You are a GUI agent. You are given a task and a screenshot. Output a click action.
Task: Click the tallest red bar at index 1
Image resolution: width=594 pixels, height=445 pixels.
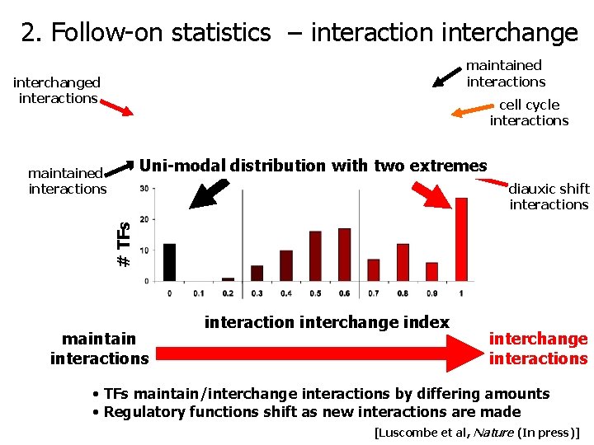point(461,239)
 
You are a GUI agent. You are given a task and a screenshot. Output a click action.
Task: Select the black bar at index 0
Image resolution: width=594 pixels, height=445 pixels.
point(170,262)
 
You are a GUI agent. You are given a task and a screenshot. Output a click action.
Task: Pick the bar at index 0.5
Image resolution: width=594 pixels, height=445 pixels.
point(315,255)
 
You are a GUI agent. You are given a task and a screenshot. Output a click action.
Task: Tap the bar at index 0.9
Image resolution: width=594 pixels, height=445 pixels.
point(431,271)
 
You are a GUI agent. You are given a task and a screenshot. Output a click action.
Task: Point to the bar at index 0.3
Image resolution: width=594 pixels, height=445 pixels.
point(257,273)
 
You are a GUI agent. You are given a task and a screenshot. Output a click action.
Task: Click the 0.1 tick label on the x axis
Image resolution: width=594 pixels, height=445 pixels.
point(199,293)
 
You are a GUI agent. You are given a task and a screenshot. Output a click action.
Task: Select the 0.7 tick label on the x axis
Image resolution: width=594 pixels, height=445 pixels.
point(374,293)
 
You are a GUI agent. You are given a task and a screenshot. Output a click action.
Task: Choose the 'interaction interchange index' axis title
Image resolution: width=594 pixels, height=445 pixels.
point(327,322)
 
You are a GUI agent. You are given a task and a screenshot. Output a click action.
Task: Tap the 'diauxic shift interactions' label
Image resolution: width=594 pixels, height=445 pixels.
point(549,197)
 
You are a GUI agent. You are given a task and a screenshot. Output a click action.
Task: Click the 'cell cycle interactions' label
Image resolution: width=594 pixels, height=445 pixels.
point(529,113)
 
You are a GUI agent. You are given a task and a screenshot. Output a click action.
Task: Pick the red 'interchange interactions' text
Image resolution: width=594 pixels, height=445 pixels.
point(538,349)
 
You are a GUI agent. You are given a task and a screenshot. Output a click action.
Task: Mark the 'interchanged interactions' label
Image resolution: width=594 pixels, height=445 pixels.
point(57,90)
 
